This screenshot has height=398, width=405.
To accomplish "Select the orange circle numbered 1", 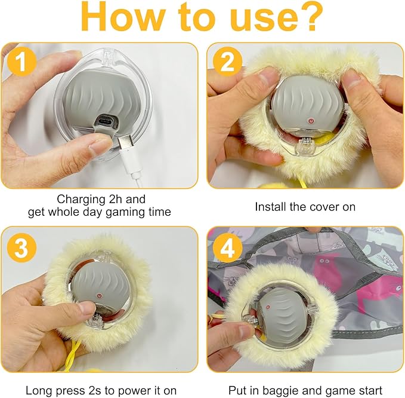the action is [21, 62].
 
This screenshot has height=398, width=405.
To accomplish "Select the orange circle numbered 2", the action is [227, 62].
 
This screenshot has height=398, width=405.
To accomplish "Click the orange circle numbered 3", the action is [21, 247].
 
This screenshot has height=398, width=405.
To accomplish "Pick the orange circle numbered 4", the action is [227, 247].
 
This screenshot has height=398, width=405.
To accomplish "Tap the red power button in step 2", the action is [311, 121].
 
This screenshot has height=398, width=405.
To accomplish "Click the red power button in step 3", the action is [99, 296].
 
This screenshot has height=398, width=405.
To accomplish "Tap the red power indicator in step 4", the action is [268, 307].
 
